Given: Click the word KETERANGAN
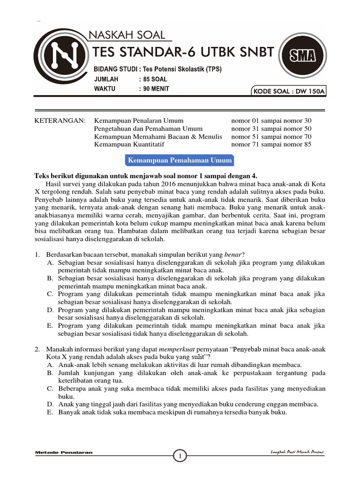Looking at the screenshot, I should pyautogui.click(x=60, y=120).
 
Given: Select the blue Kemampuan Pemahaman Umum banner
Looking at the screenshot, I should pyautogui.click(x=180, y=160).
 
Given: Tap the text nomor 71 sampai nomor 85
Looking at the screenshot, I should pyautogui.click(x=271, y=144).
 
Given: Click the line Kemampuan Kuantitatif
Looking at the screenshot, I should pyautogui.click(x=129, y=144).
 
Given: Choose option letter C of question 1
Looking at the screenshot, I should pyautogui.click(x=50, y=293).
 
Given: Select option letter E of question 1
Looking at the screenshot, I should pyautogui.click(x=50, y=325).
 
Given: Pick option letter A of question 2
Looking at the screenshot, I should pyautogui.click(x=50, y=365).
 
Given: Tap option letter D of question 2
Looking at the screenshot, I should pyautogui.click(x=50, y=404).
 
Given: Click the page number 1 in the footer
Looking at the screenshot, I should pyautogui.click(x=180, y=455).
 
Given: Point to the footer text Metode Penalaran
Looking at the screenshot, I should pyautogui.click(x=64, y=452).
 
